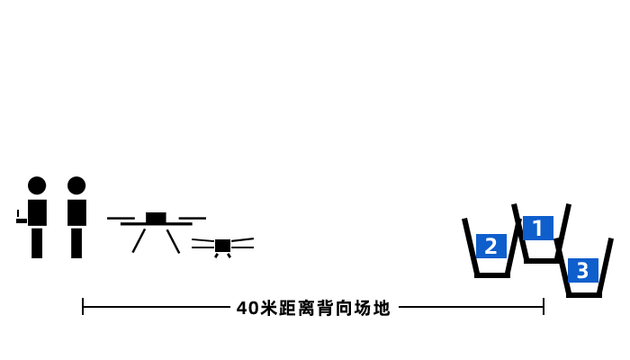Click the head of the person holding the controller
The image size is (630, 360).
coord(37,185)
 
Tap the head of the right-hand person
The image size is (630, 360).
coord(76,185)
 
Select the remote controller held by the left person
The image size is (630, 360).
coord(20,219)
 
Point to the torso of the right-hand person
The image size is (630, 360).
coord(76,212)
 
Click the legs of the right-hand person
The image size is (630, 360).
coord(76,243)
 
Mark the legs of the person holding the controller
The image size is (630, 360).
coord(37,243)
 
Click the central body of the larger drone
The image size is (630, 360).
coord(156,218)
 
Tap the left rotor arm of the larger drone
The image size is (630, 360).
coord(121,219)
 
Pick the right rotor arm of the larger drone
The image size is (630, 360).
coord(192,219)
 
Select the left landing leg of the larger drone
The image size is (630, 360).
coord(139,240)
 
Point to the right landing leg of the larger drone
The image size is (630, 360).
coord(173,240)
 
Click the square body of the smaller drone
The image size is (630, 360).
coord(222,246)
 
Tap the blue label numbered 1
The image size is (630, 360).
coord(538,229)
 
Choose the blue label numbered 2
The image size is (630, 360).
coord(490,246)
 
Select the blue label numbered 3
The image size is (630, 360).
coord(582,270)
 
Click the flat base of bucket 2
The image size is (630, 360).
coord(492,274)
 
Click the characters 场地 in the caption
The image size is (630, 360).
coord(373,308)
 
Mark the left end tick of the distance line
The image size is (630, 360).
coord(83,307)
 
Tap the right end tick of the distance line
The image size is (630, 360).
coord(544,307)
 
